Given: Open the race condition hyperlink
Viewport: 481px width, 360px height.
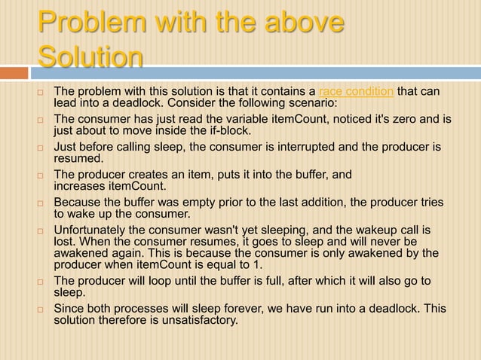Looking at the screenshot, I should [x=357, y=92].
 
